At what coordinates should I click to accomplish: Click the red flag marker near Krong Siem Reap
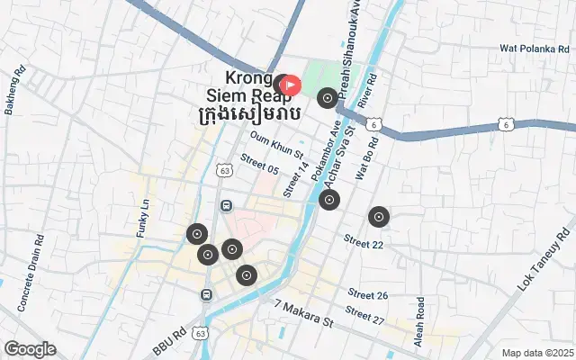pos(292,85)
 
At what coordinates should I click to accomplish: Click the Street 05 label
pos(259,167)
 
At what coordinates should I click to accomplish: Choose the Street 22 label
pos(364,243)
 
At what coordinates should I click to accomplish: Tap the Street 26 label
pos(367,294)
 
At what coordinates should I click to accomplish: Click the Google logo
pos(29,349)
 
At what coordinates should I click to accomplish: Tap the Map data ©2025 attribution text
pos(536,353)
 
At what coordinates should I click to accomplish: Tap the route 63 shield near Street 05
pos(225,169)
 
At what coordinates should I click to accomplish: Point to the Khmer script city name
pos(248,115)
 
